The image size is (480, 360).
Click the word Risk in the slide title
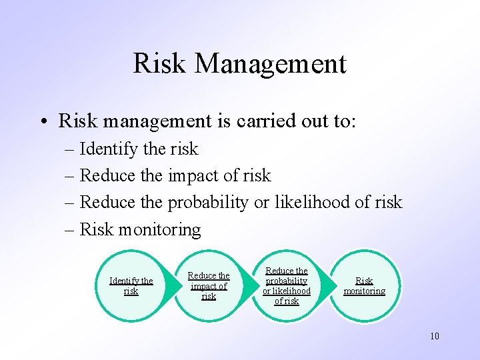[x=161, y=64]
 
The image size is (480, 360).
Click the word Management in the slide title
[x=271, y=64]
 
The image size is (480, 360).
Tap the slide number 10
[x=435, y=336]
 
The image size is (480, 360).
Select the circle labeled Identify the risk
[x=131, y=285]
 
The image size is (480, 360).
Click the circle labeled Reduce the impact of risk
[x=209, y=285]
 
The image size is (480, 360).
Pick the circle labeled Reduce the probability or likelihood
[x=287, y=285]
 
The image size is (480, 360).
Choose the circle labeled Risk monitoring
[x=365, y=285]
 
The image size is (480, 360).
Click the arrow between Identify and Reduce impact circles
[x=171, y=285]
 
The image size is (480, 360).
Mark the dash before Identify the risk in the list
[x=70, y=149]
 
